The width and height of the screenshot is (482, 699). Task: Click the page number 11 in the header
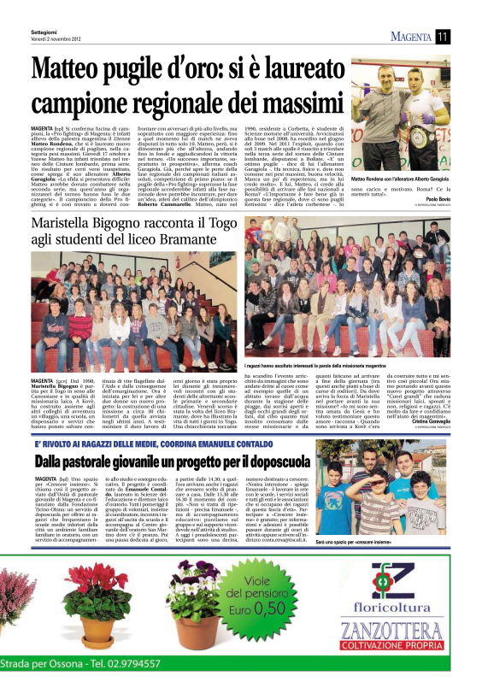coord(443,35)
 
